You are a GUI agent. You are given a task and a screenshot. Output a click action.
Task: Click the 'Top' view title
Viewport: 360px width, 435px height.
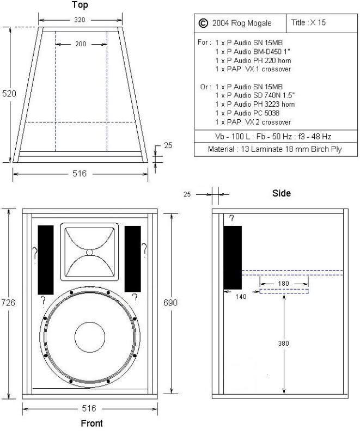coord(80,5)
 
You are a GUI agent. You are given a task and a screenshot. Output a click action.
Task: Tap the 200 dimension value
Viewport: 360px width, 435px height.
coord(80,44)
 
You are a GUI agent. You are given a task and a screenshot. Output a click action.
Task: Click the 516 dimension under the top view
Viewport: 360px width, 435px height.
coord(80,174)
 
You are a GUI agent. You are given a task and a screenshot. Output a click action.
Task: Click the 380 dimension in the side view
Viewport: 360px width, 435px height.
coord(284,343)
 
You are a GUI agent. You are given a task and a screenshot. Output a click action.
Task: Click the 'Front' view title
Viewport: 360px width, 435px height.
coord(89,423)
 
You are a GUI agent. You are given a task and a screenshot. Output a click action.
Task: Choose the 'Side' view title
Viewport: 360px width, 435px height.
coord(281,193)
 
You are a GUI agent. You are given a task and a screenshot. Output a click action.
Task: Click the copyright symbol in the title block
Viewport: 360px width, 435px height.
coord(203,23)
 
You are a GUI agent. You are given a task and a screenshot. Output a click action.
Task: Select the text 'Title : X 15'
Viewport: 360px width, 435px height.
coord(309,23)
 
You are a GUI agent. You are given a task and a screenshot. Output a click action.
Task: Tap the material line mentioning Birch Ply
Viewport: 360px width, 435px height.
coord(274,149)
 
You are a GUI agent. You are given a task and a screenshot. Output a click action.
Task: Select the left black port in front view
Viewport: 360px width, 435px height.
coord(46,259)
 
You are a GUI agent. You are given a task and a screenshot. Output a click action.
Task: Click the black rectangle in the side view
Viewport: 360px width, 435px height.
coord(233,258)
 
